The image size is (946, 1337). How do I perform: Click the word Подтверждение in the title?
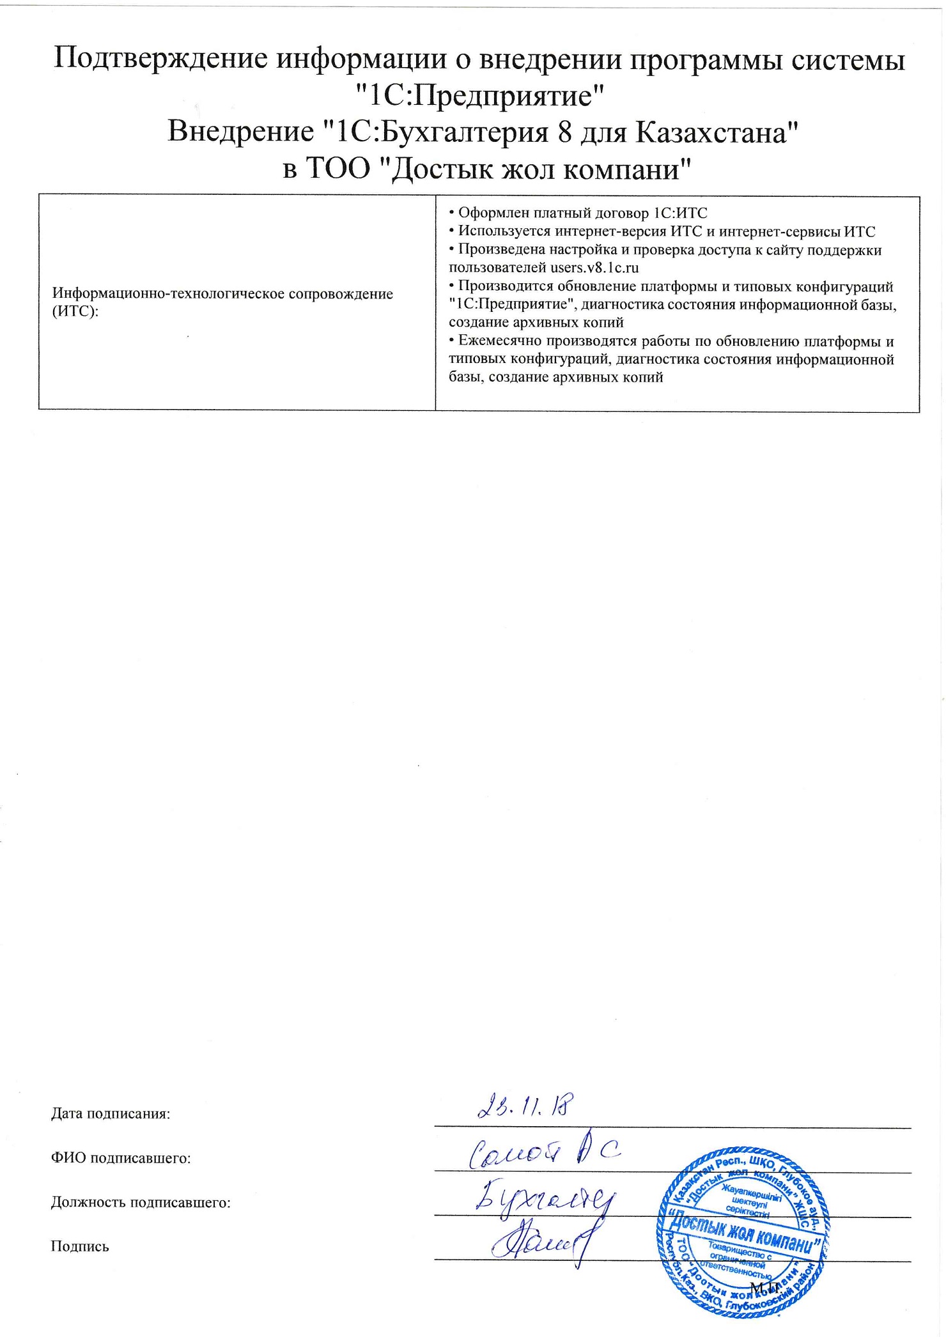[160, 60]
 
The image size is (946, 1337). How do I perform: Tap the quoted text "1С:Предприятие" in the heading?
[479, 97]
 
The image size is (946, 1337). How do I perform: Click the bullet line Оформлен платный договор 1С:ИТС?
[578, 213]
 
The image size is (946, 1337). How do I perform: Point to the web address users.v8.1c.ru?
[594, 267]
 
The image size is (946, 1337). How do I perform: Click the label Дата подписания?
[111, 1113]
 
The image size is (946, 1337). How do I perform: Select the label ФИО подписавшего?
[121, 1157]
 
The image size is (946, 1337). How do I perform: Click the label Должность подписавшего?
[140, 1202]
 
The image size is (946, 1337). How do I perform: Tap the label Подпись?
[80, 1246]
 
